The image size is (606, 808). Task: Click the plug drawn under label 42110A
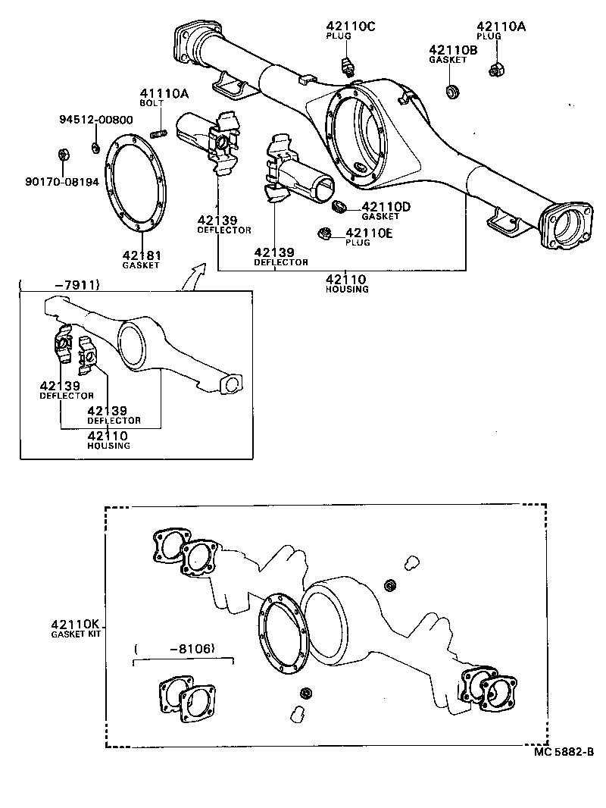point(497,70)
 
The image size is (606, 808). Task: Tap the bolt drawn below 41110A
point(158,134)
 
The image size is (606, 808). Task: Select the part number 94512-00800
point(96,120)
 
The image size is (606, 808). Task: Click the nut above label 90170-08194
point(64,156)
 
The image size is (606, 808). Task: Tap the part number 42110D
point(386,206)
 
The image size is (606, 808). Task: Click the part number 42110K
point(75,624)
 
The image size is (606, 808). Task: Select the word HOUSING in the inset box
point(108,446)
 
